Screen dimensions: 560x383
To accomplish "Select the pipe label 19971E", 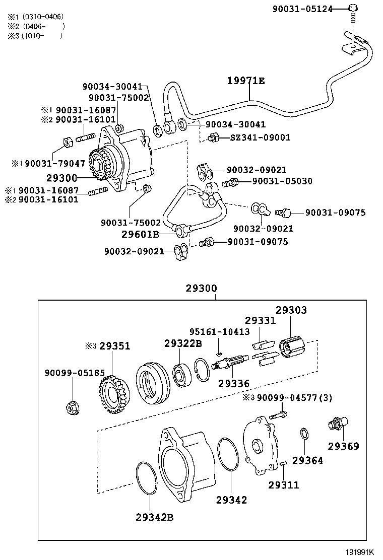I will (x=245, y=81).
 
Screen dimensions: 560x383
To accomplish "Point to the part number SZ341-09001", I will (x=257, y=137).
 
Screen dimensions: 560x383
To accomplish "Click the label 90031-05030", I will (x=282, y=181).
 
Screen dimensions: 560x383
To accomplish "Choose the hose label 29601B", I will (x=140, y=234).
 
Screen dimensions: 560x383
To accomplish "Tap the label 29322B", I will (x=182, y=343).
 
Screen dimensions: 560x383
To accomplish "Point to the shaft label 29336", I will (x=234, y=383).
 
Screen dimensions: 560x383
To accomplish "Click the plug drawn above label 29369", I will (x=336, y=424).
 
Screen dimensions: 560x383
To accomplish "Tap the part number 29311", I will (x=283, y=485).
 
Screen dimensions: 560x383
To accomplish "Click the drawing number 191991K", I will (x=363, y=552).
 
